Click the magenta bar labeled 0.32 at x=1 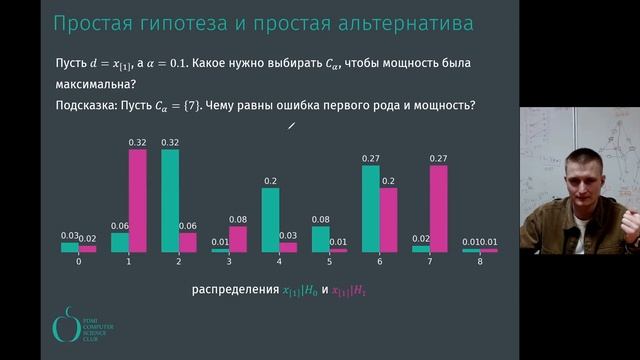click(138, 200)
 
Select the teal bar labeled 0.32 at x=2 click(170, 200)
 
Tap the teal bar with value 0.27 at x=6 click(371, 208)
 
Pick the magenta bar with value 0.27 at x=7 click(439, 208)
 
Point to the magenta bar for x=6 click(388, 220)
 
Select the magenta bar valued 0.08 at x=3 click(238, 239)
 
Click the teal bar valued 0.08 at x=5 click(320, 239)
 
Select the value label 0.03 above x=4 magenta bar click(288, 235)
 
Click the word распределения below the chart click(235, 289)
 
